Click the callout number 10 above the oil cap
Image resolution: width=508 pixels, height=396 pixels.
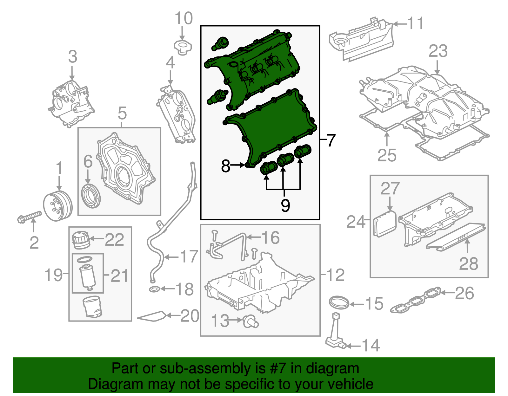(184, 19)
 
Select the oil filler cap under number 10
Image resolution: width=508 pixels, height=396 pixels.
(183, 47)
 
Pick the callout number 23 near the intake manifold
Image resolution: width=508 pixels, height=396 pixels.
(438, 51)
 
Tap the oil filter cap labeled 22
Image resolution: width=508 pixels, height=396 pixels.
(81, 240)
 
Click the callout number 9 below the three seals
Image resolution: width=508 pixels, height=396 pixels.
(285, 205)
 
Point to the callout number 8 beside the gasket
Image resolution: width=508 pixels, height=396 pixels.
(225, 166)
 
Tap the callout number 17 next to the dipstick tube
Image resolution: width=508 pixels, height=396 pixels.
(189, 256)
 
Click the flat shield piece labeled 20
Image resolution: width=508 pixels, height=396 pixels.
(152, 316)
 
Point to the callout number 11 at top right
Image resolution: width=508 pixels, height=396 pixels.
(415, 23)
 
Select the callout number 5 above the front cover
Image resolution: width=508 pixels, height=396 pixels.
(122, 113)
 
